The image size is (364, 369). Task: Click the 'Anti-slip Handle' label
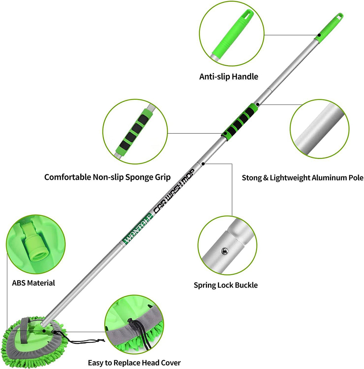[x=229, y=76]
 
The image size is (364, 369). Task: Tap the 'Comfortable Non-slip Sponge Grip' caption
[x=107, y=177]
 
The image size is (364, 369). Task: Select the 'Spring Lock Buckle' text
[x=225, y=285]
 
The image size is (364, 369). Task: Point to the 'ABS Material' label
[x=33, y=283]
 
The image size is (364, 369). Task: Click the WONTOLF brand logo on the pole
[x=138, y=228]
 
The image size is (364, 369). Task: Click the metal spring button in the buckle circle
[x=225, y=251]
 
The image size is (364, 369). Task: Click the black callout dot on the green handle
[x=319, y=35]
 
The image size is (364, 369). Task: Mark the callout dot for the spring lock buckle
[x=203, y=164]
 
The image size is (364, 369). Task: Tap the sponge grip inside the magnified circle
[x=134, y=131]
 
